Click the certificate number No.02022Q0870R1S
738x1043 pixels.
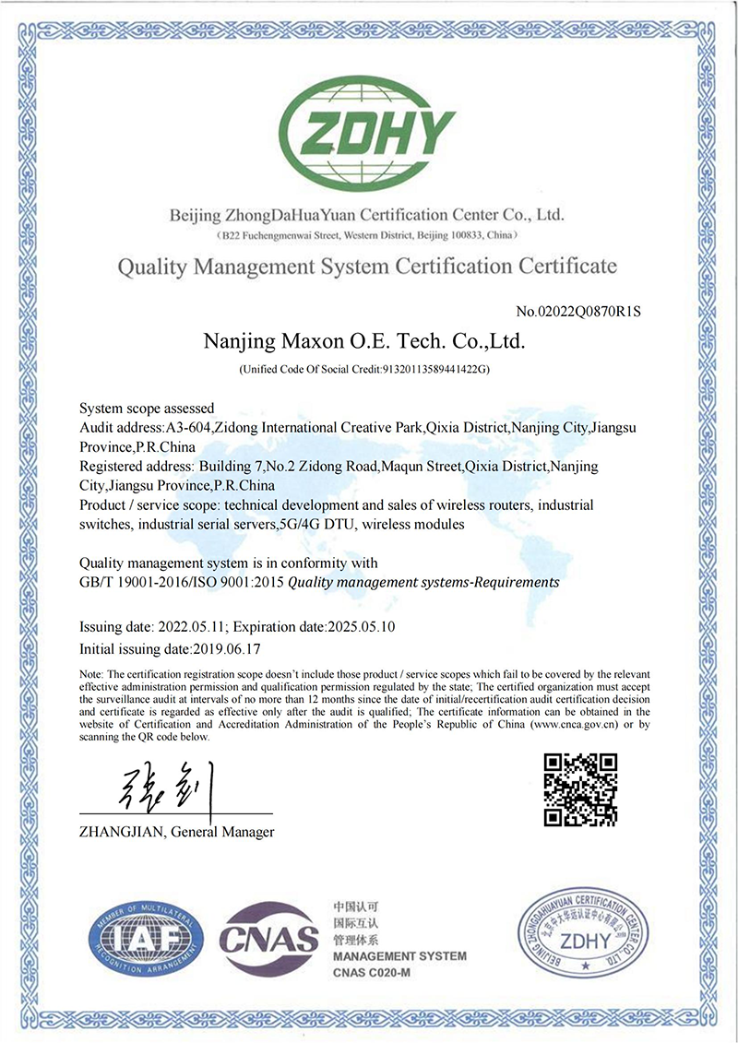[x=577, y=311]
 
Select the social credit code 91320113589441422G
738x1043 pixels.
[x=434, y=370]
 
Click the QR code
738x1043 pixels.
[x=579, y=789]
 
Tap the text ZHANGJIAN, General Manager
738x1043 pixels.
[x=177, y=832]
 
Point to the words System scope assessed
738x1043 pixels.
[x=147, y=408]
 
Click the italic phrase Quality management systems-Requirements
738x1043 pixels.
[x=423, y=583]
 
